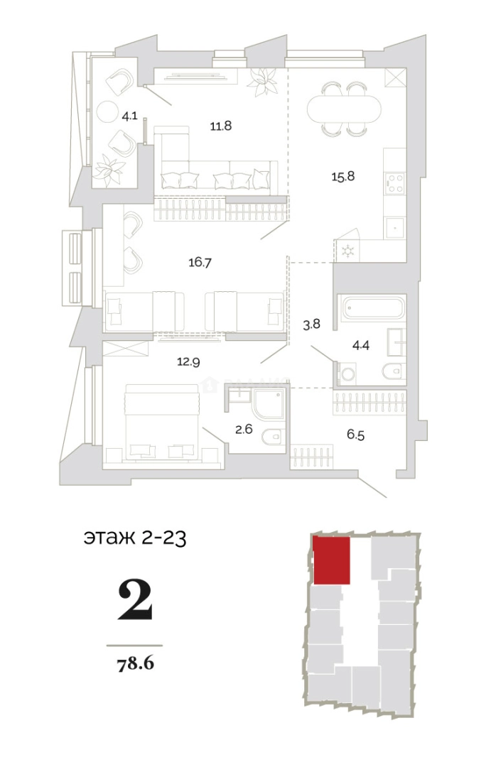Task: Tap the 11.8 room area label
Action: pyautogui.click(x=220, y=126)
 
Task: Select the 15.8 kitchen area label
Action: pyautogui.click(x=342, y=175)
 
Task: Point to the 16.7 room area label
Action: pyautogui.click(x=200, y=262)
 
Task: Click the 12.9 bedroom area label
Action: pyautogui.click(x=188, y=361)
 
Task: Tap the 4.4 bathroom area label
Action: pyautogui.click(x=362, y=347)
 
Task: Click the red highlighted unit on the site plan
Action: pyautogui.click(x=331, y=560)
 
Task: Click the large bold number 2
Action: pyautogui.click(x=134, y=600)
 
